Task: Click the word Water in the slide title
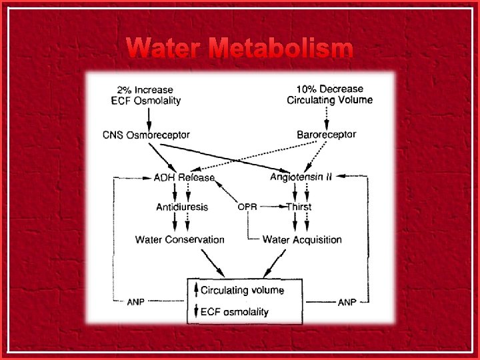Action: pyautogui.click(x=163, y=49)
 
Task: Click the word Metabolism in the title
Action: pyautogui.click(x=280, y=49)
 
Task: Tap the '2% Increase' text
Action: pyautogui.click(x=145, y=89)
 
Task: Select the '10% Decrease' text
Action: pyautogui.click(x=330, y=89)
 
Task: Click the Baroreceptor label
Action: pyautogui.click(x=327, y=135)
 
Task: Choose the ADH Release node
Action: pyautogui.click(x=184, y=177)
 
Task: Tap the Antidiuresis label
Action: pyautogui.click(x=182, y=207)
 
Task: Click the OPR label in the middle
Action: pyautogui.click(x=247, y=207)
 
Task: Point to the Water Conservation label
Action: pyautogui.click(x=180, y=239)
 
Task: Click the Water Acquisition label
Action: pyautogui.click(x=302, y=239)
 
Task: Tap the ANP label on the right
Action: pyautogui.click(x=347, y=302)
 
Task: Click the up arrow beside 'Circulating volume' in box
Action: pyautogui.click(x=196, y=290)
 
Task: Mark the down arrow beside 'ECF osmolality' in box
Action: pyautogui.click(x=196, y=311)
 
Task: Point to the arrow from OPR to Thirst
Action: pyautogui.click(x=272, y=207)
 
